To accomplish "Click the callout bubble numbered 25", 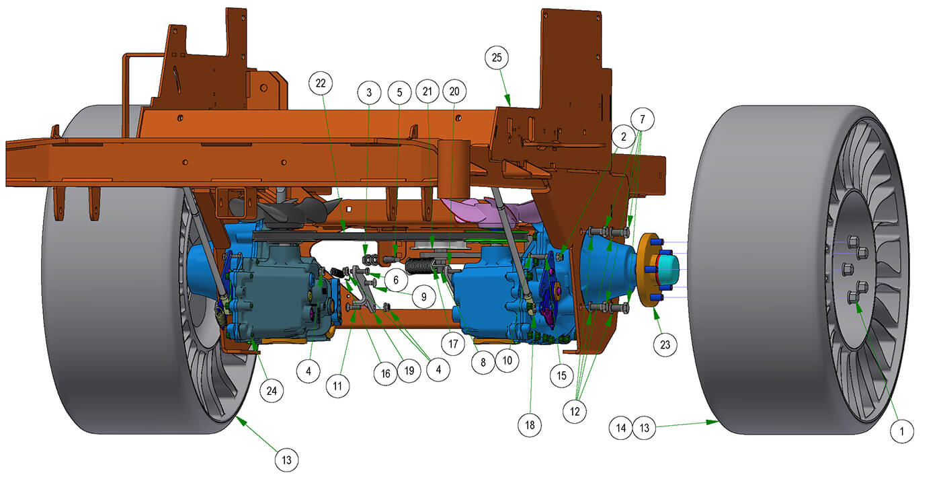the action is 497,58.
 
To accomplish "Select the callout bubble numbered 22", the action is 321,83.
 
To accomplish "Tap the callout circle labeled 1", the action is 901,431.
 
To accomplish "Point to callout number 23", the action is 665,344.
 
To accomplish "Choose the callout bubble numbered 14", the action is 620,428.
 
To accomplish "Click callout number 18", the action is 530,425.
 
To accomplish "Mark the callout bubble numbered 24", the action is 272,391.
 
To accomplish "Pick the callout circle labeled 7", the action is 643,119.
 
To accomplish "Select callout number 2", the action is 624,137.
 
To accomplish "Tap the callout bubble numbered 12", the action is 574,411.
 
